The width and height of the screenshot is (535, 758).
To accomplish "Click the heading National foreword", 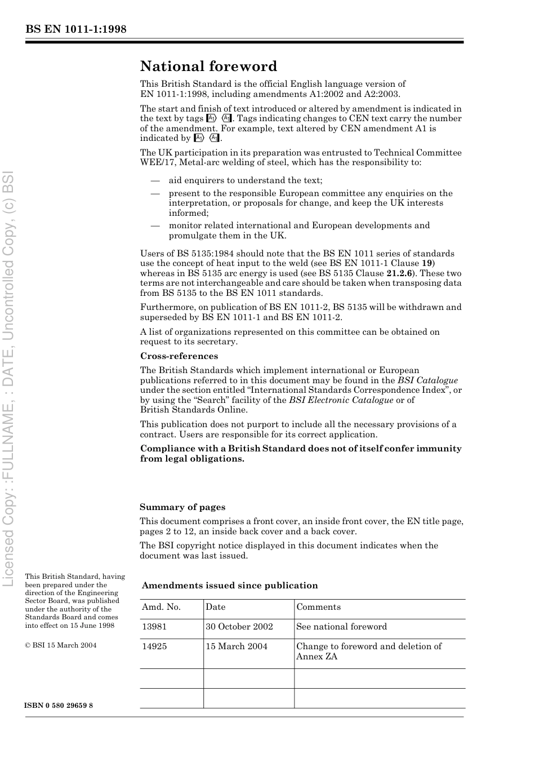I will [208, 67].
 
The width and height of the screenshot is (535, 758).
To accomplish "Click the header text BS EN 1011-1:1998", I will [75, 29].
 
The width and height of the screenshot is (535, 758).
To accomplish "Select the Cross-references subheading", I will [179, 356].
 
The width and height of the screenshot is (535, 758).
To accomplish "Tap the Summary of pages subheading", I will [182, 507].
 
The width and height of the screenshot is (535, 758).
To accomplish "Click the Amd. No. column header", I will [161, 608].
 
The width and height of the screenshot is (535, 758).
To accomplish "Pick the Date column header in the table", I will [215, 608].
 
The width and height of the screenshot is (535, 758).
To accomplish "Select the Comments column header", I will [318, 608].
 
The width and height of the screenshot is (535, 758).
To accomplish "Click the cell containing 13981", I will [154, 627].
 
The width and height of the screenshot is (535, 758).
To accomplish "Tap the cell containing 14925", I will [154, 646].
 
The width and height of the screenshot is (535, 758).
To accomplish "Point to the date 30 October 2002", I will [239, 627].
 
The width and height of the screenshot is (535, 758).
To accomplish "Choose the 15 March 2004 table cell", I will [236, 646].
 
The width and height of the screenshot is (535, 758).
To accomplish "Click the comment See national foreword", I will [341, 627].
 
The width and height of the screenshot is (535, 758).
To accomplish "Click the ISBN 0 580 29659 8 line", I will [59, 706].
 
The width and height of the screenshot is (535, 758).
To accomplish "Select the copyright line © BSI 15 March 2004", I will [60, 645].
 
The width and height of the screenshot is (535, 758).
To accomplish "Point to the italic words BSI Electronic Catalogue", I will [341, 400].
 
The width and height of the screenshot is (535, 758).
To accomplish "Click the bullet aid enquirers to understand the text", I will [245, 180].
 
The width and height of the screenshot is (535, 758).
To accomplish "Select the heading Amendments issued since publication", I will [230, 586].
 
